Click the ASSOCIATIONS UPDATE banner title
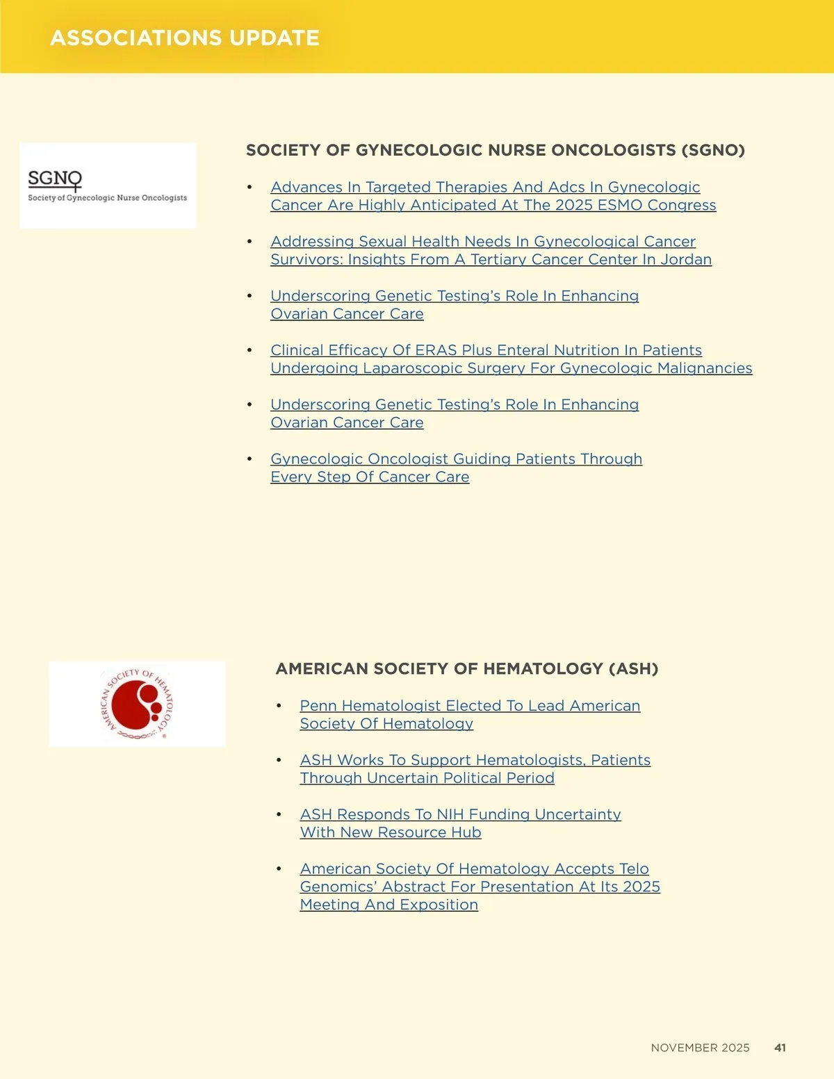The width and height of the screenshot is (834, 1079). click(185, 38)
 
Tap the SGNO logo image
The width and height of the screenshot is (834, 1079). click(108, 186)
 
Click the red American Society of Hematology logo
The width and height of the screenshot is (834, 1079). click(137, 704)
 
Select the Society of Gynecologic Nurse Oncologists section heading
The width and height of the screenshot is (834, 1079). click(495, 150)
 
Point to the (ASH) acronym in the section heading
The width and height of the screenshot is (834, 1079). click(633, 668)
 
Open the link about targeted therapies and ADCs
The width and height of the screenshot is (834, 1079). click(493, 196)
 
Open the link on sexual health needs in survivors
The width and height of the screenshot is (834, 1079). click(491, 250)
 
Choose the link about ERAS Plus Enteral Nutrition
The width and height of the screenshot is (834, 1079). click(511, 359)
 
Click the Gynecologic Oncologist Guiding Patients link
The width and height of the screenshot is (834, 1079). click(456, 468)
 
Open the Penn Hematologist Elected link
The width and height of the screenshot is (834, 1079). click(470, 714)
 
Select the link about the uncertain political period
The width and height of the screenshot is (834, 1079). click(475, 768)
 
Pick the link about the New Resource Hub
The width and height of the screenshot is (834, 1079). click(460, 823)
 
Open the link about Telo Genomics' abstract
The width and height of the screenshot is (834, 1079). click(480, 887)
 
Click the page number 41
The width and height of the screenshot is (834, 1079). click(780, 1048)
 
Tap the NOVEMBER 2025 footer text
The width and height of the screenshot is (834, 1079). click(700, 1048)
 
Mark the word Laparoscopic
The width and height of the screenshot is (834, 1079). click(409, 368)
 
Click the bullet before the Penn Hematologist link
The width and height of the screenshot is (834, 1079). click(279, 706)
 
